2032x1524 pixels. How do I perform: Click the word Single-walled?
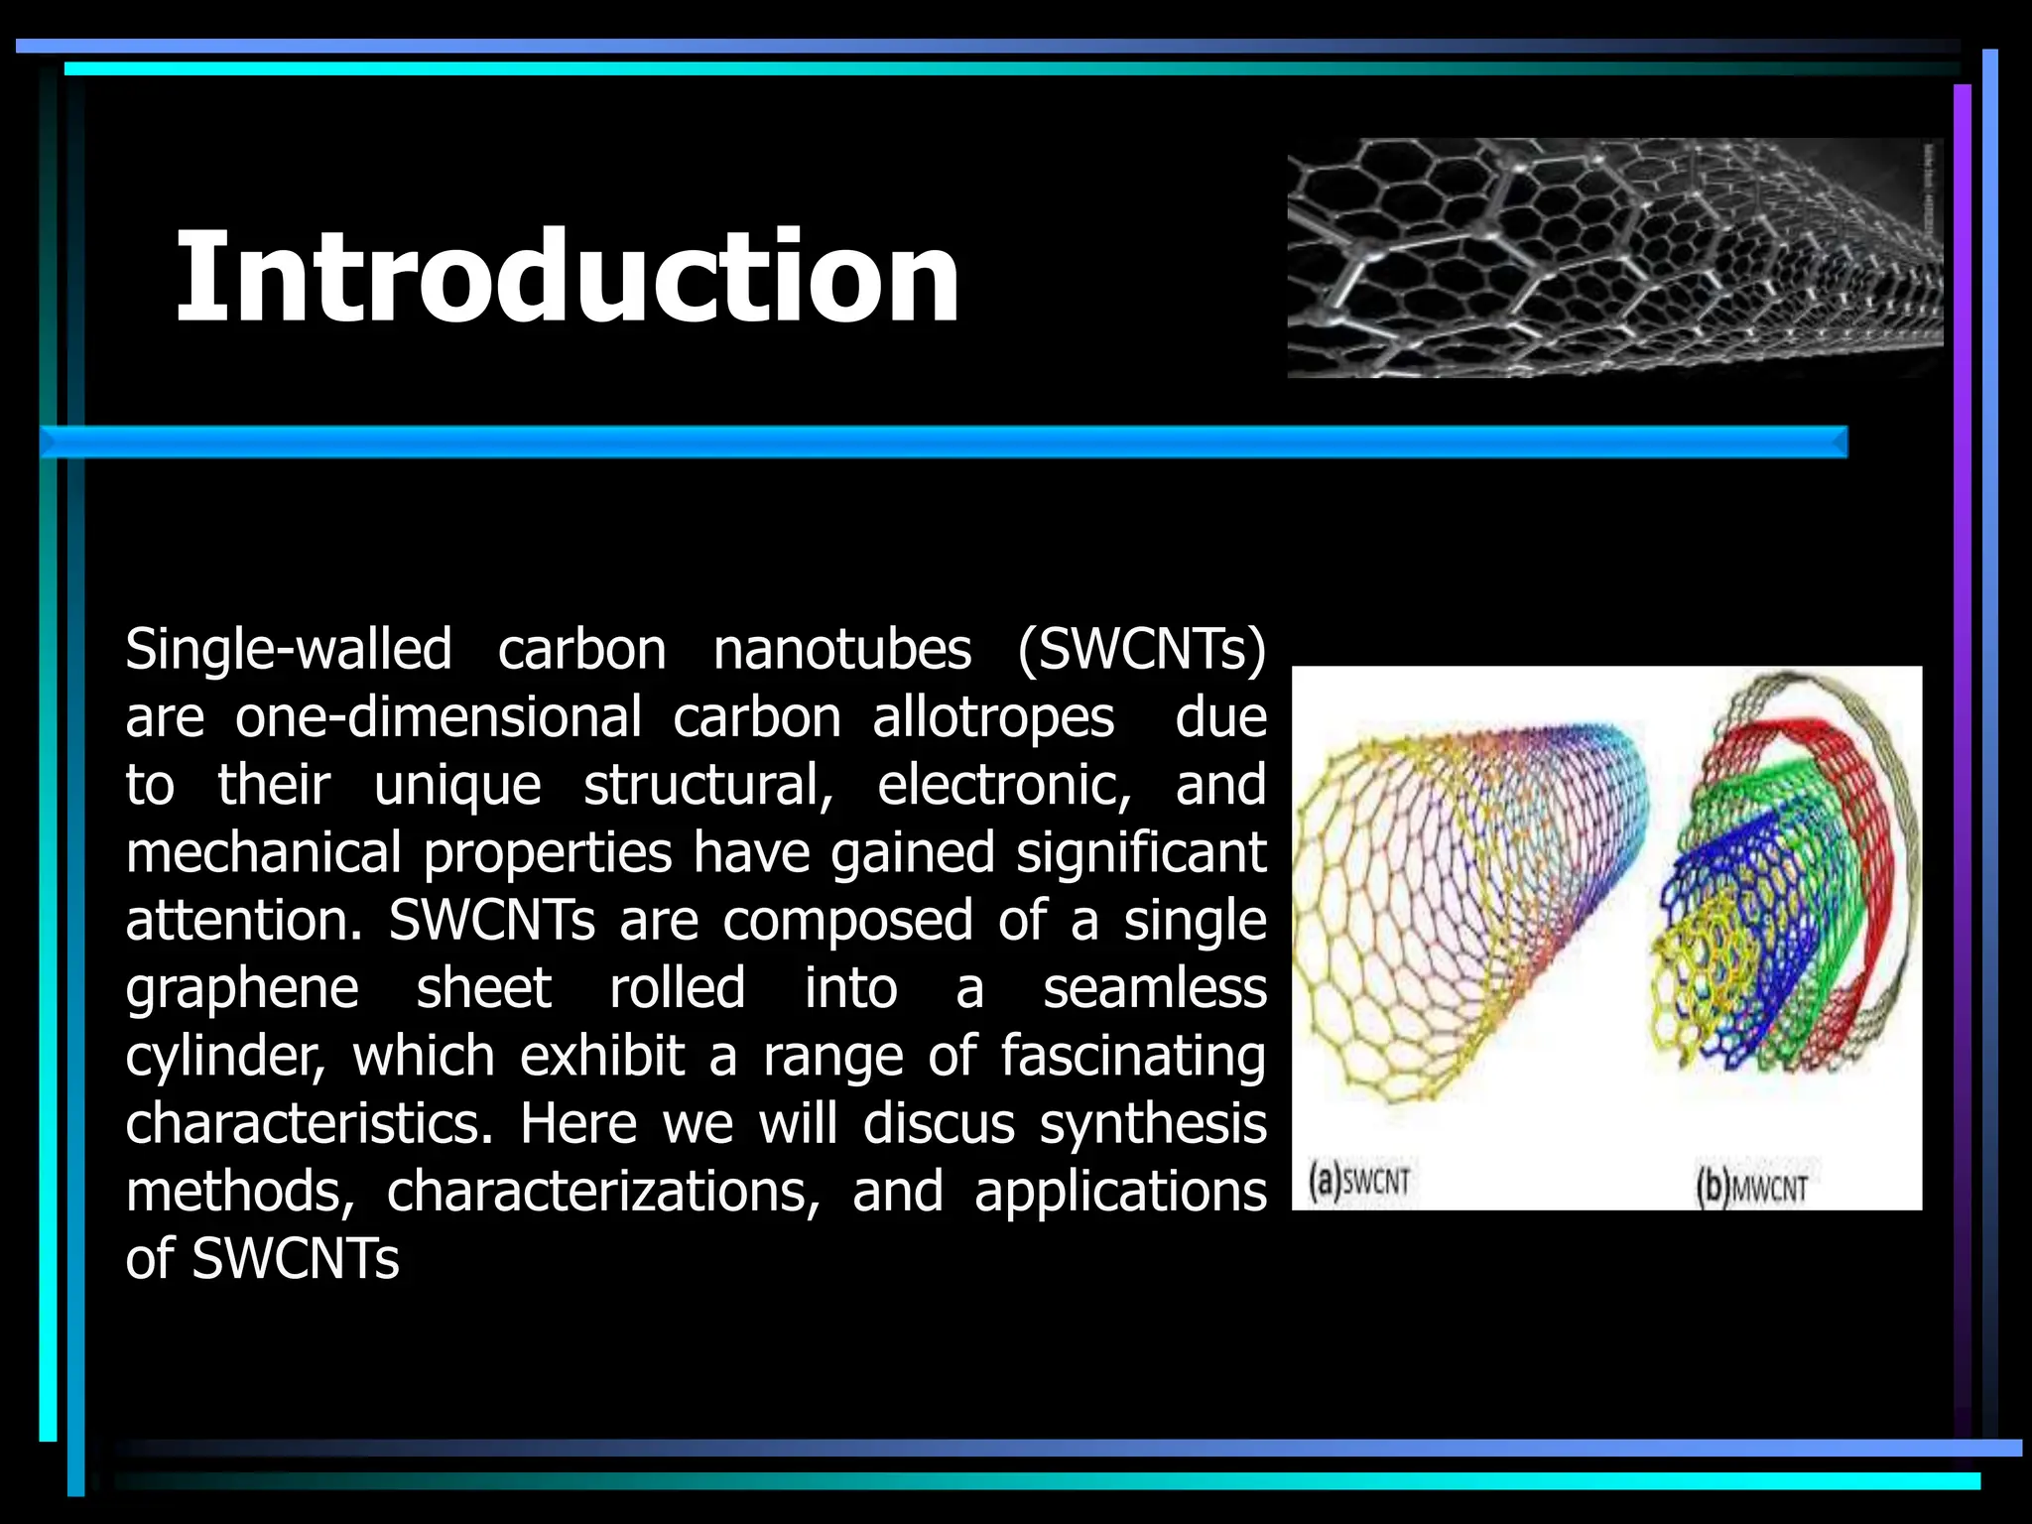[288, 651]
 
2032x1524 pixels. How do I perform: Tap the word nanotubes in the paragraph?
[841, 651]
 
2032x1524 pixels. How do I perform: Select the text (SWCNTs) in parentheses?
[1141, 651]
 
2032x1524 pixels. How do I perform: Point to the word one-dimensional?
[438, 718]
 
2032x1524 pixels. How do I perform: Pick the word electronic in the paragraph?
[1003, 786]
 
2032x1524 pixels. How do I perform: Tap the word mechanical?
[263, 853]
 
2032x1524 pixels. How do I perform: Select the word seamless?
[1154, 988]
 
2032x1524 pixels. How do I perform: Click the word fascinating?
[1132, 1056]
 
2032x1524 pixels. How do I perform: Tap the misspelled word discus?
[938, 1124]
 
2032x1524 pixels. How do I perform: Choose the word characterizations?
[602, 1192]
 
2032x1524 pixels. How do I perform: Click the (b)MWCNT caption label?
[1751, 1188]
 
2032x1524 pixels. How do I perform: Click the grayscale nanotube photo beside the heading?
[1613, 258]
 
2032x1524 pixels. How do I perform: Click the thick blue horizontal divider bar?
[943, 443]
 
